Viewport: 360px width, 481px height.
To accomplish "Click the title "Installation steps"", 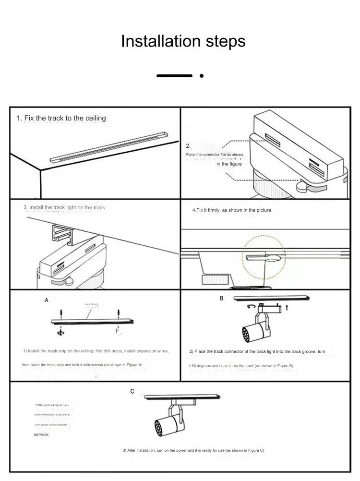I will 183,41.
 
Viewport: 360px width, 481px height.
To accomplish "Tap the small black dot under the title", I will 202,75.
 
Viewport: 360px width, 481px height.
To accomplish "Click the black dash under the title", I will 174,75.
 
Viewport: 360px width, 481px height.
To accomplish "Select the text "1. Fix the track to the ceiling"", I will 61,118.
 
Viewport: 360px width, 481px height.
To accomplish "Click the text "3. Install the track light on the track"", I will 64,207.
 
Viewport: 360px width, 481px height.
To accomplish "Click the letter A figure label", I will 47,300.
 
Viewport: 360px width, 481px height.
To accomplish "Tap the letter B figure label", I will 221,298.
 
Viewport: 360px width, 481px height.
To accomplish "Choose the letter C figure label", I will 132,391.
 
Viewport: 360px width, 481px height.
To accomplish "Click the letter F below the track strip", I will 117,331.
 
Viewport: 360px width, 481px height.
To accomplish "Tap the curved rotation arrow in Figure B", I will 250,306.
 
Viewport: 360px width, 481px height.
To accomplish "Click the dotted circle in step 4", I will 264,257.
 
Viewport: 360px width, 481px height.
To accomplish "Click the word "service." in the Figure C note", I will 41,434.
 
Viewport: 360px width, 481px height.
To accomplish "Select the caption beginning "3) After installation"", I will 193,450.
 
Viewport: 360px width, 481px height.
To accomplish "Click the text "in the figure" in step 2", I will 229,164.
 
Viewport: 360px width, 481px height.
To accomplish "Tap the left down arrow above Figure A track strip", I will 61,313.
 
